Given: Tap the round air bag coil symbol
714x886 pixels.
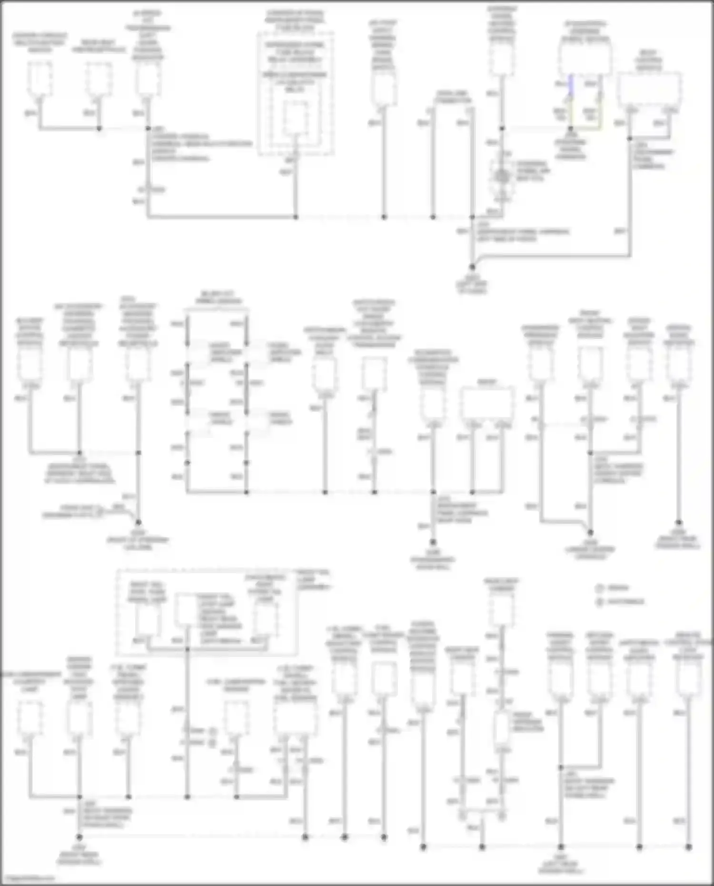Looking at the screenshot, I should click(501, 177).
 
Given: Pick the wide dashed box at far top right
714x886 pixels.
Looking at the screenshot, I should click(649, 89).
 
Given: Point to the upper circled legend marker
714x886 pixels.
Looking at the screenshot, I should click(600, 588).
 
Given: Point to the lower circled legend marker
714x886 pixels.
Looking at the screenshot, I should click(600, 602).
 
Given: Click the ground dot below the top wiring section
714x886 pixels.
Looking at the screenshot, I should click(472, 268).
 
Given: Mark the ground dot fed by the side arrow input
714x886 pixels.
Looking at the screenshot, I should click(139, 522).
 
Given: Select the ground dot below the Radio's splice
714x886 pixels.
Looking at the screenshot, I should click(433, 542).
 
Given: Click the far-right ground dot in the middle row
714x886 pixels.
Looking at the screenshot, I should click(679, 523).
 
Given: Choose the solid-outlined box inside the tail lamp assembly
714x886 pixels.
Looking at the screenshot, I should click(187, 610).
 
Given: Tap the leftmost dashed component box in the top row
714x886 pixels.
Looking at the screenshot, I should click(40, 79).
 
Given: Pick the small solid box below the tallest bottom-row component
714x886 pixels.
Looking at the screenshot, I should click(501, 727).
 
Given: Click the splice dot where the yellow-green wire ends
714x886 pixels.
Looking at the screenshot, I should click(571, 129).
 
